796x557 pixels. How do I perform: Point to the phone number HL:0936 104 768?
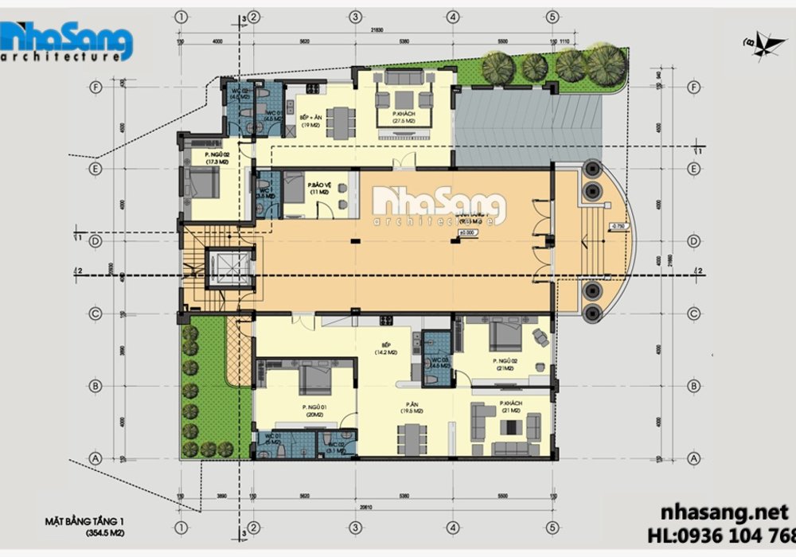point(724,533)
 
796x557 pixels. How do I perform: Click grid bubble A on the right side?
point(693,458)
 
